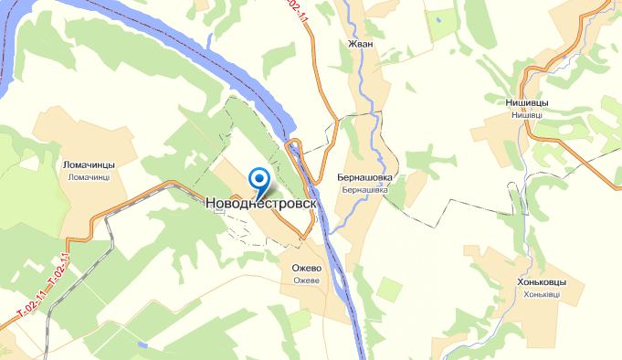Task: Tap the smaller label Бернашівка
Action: click(364, 190)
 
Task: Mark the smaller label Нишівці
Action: click(525, 115)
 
